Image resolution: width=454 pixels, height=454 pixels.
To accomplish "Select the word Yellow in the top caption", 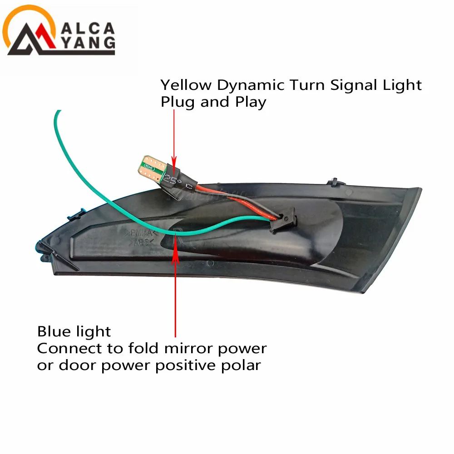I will pos(186,85).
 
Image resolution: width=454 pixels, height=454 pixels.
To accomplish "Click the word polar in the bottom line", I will pos(242,365).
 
